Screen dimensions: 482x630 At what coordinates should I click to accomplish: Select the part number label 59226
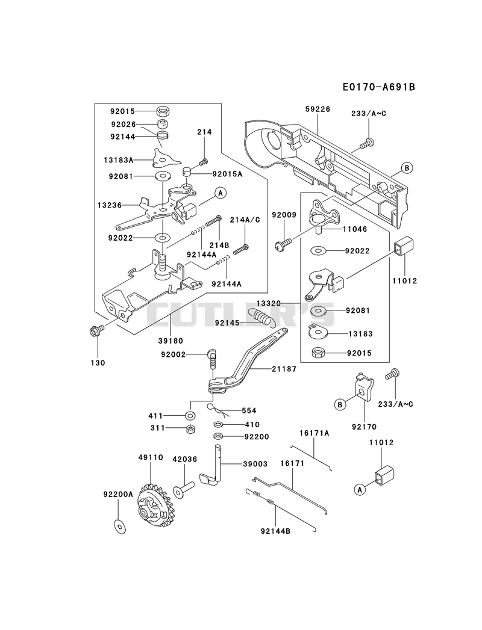tap(318, 109)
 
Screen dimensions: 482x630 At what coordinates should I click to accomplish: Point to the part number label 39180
tap(171, 341)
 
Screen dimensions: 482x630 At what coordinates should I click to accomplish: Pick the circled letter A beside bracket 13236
tap(220, 193)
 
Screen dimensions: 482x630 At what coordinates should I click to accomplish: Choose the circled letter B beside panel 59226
tap(406, 168)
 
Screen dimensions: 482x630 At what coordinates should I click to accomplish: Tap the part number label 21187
tap(284, 369)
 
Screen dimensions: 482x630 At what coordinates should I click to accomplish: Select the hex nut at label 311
tap(191, 428)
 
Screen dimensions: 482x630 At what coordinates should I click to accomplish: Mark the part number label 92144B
tap(275, 531)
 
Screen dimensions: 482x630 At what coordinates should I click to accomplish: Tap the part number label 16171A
tap(315, 433)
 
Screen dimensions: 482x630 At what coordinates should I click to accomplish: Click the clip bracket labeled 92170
tap(365, 386)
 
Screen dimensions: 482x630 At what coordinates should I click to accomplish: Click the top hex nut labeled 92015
tap(163, 111)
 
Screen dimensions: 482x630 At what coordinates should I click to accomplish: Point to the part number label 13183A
tap(119, 160)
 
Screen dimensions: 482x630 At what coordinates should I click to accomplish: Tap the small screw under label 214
tap(204, 161)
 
